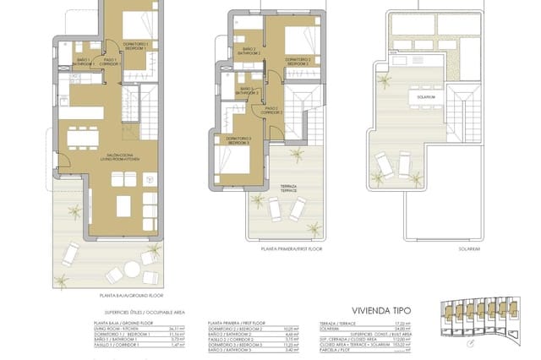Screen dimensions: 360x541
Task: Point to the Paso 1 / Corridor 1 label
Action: pos(110,61)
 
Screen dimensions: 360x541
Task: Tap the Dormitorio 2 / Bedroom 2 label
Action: pos(298,60)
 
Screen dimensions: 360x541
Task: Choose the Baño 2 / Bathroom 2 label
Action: pos(249,51)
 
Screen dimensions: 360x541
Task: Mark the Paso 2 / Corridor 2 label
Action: pos(270,110)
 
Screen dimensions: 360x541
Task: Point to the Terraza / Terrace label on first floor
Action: pos(291,190)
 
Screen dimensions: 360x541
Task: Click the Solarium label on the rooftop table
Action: pos(425,97)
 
